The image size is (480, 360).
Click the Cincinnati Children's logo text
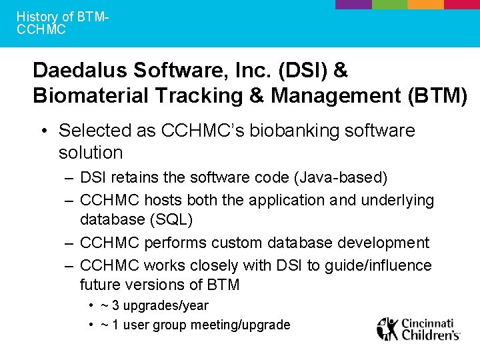(430, 329)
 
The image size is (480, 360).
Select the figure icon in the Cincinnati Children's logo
(387, 329)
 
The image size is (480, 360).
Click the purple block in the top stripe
(353, 4)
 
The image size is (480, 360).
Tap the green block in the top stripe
(389, 4)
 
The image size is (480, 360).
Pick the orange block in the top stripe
(425, 4)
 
